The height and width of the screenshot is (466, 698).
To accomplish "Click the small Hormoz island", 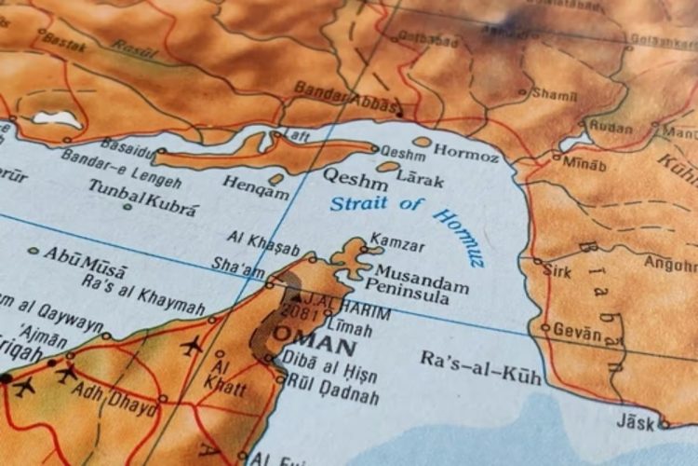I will pyautogui.click(x=423, y=143).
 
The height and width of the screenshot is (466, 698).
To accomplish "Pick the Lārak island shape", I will pyautogui.click(x=388, y=167).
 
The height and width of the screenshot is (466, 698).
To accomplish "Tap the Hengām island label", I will pyautogui.click(x=255, y=192).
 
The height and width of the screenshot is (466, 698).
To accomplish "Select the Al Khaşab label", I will pyautogui.click(x=266, y=246).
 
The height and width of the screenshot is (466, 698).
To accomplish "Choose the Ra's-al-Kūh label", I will pyautogui.click(x=480, y=365).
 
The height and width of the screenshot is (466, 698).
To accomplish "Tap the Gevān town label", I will pyautogui.click(x=578, y=329).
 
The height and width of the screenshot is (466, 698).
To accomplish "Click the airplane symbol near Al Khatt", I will pyautogui.click(x=193, y=347).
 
